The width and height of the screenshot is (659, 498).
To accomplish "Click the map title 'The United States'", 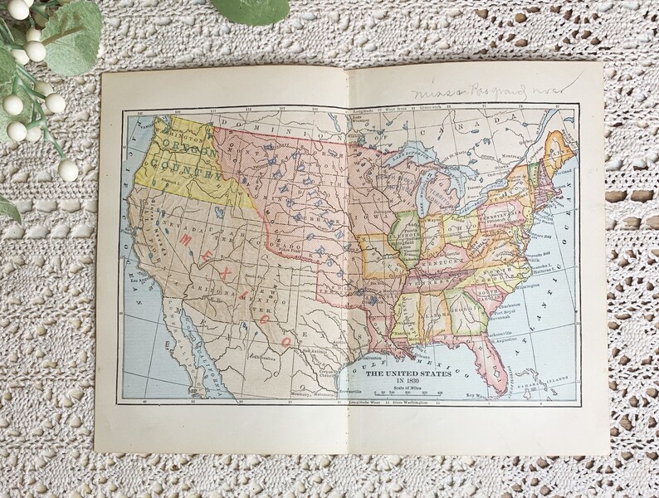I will pyautogui.click(x=408, y=373).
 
